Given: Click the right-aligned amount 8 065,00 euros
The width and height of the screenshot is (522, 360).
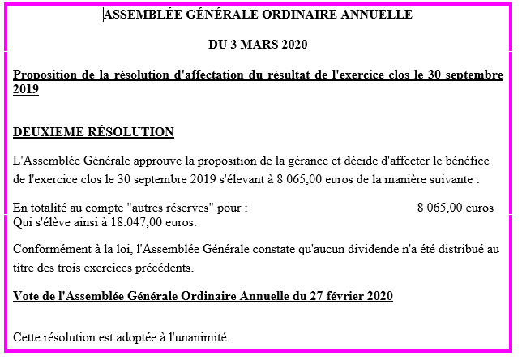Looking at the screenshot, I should click(x=455, y=208).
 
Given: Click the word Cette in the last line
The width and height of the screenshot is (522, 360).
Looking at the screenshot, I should click(x=29, y=336).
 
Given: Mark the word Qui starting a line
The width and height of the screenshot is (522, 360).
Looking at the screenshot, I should click(x=24, y=221).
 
